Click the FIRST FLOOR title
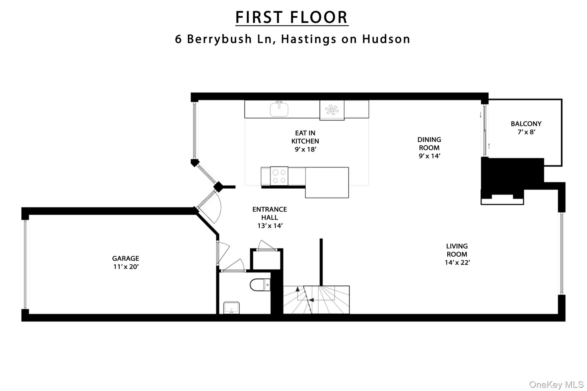291,17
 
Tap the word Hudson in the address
386,39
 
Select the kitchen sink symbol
279,109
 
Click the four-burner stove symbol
279,176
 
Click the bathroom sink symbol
231,308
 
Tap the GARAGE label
126,258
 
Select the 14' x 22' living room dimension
457,263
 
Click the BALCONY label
526,124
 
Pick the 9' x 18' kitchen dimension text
305,149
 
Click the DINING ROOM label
429,144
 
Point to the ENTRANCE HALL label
269,213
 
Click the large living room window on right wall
561,254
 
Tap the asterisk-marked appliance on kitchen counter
332,110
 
